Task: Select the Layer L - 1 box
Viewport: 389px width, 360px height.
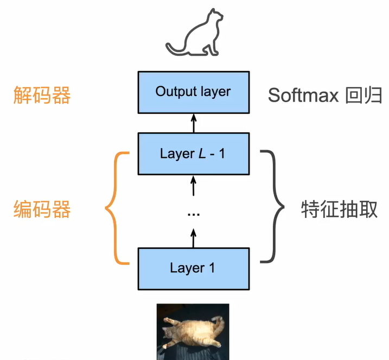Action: [x=193, y=153]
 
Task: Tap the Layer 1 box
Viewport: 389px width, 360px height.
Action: [x=193, y=268]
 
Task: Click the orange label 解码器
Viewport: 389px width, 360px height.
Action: [x=42, y=95]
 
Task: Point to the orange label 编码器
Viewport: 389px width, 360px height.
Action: [x=42, y=209]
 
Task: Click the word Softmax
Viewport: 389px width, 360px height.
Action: [x=303, y=95]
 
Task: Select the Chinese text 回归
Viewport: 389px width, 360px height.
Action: [x=364, y=95]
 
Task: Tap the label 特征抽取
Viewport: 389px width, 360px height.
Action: [x=339, y=209]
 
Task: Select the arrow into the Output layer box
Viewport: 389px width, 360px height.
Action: [x=193, y=123]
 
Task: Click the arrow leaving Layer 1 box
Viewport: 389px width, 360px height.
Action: [x=193, y=237]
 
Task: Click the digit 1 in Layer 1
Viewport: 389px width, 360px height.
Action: [x=212, y=268]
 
